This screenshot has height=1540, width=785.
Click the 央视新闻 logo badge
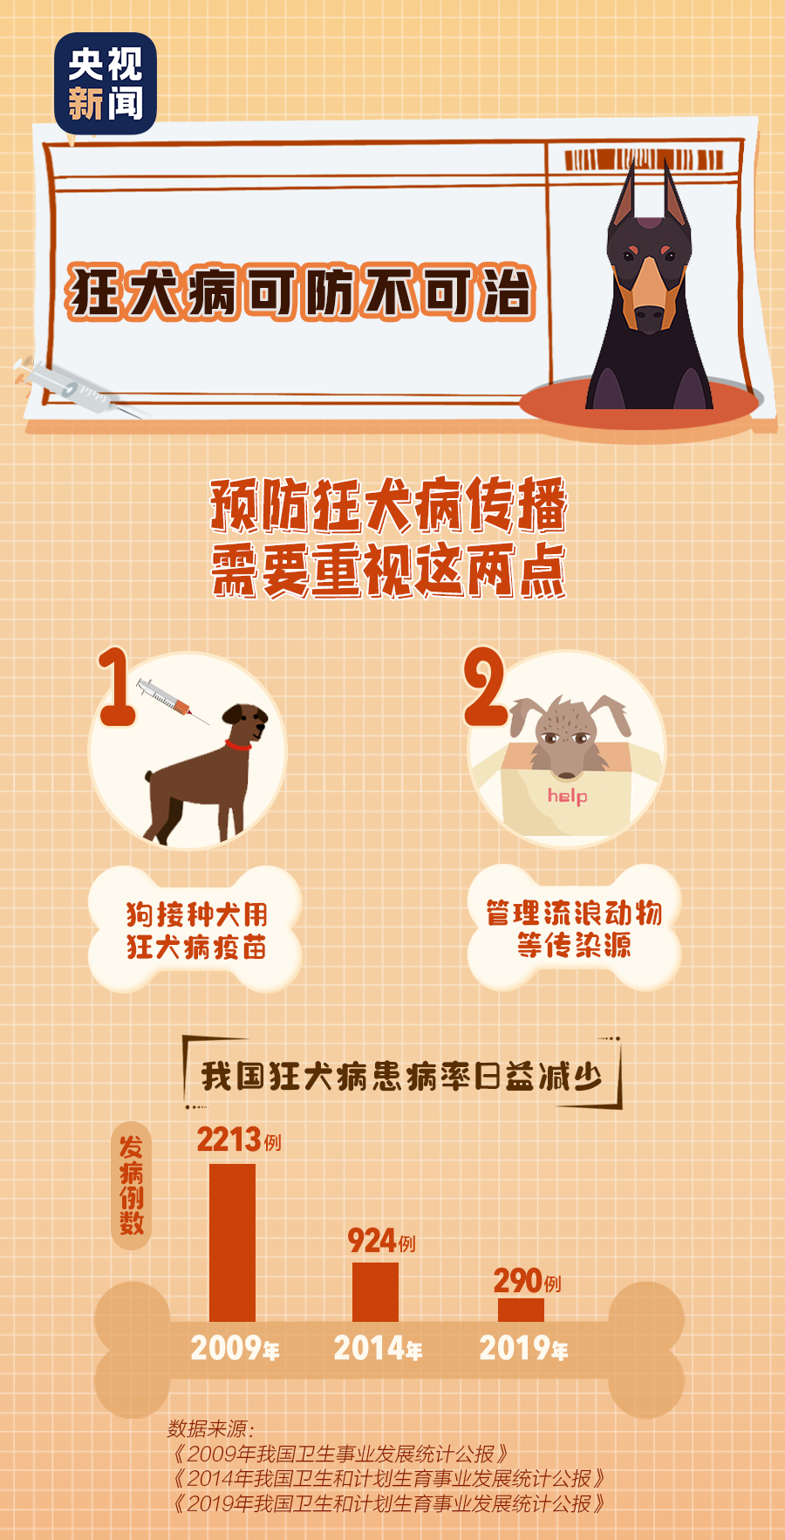point(106,84)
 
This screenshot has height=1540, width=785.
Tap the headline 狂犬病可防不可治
point(300,292)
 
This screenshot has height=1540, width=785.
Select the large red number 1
point(116,688)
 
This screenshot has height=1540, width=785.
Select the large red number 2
point(484,688)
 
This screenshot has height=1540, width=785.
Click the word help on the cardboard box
point(567,796)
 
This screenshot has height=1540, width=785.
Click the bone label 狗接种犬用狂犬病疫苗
point(195,930)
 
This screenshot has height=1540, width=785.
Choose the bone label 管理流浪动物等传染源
point(574,928)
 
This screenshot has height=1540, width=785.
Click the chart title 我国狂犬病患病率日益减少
point(402,1076)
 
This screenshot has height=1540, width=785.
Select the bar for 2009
point(232,1242)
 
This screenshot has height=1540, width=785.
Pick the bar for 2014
point(375,1291)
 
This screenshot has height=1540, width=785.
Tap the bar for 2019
point(521,1310)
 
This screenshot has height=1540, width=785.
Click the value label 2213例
point(238,1140)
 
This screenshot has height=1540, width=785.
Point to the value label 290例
point(527,1281)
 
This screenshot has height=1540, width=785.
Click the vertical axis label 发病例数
point(132,1186)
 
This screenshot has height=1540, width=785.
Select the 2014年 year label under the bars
point(378,1349)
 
